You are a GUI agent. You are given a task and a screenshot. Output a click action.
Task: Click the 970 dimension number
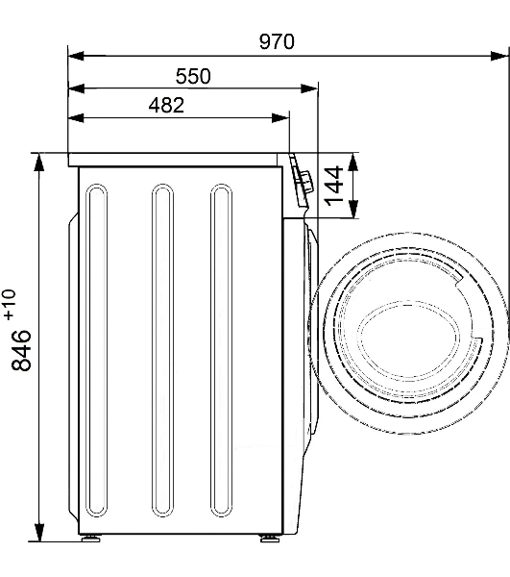(277, 41)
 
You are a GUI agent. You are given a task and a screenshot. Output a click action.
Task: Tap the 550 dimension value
(193, 76)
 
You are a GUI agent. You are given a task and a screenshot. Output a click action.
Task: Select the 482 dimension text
(166, 105)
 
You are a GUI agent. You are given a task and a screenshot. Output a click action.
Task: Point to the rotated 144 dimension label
(333, 186)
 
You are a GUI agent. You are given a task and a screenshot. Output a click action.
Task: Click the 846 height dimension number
(21, 350)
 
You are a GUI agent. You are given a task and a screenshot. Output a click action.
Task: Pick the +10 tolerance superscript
(10, 304)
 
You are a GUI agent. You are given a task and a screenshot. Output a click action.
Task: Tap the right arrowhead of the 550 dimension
(309, 88)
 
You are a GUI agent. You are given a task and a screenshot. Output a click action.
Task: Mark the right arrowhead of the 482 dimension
(280, 118)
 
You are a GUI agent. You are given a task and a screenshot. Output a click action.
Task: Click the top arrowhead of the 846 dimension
(39, 163)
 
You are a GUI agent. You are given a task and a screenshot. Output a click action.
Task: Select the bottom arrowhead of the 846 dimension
(39, 533)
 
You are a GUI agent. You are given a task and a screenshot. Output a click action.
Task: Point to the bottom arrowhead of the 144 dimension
(352, 209)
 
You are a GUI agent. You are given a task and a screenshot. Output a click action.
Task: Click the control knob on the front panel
(305, 181)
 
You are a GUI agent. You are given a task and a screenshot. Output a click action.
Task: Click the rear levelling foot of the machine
(90, 538)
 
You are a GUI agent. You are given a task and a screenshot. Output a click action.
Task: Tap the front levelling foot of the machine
(269, 538)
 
